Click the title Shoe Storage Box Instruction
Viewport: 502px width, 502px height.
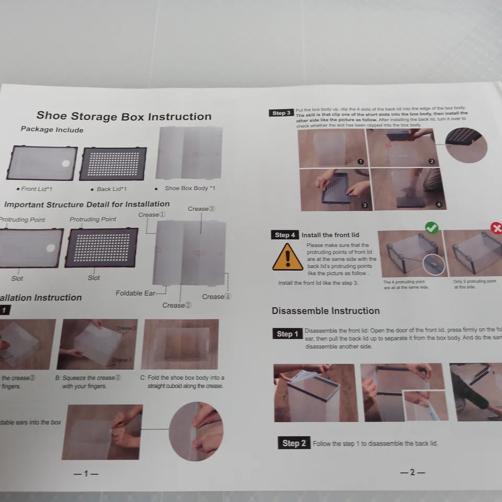pos(124,116)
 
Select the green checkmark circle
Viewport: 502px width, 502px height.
pos(431,227)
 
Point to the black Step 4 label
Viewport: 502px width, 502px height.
pos(285,235)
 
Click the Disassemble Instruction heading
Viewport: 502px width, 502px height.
pos(325,311)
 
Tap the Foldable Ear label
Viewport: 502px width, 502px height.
pos(135,293)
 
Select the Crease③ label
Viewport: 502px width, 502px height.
pos(201,209)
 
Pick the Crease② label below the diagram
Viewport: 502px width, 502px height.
pos(177,305)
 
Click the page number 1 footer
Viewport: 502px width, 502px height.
pos(86,473)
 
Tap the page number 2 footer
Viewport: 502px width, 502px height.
pos(412,472)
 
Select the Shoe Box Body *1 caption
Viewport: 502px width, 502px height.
pos(189,188)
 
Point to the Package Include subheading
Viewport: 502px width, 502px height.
pos(52,129)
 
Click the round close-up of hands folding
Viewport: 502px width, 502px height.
pos(196,431)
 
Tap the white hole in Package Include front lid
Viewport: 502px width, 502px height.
pos(65,164)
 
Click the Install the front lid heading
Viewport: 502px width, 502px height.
pos(330,235)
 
